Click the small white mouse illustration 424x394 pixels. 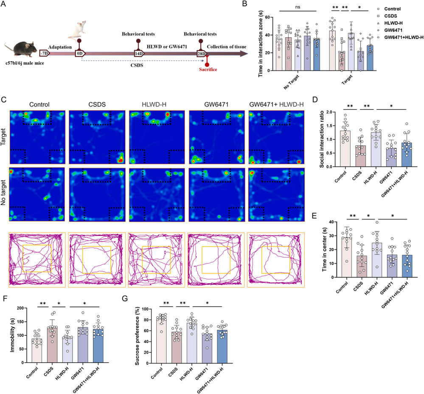[78, 29]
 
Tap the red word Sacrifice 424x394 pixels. [208, 70]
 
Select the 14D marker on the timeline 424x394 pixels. [139, 53]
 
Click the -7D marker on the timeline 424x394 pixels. [44, 53]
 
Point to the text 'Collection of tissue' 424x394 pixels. [227, 47]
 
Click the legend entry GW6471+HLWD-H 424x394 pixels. [404, 37]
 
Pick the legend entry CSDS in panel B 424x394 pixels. [390, 16]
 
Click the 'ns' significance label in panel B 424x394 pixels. [298, 7]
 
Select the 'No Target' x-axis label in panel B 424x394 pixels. [291, 82]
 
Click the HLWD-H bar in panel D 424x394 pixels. [376, 149]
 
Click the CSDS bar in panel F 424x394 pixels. [52, 345]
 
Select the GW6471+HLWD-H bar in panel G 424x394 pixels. [222, 347]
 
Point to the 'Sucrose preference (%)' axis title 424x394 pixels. [138, 336]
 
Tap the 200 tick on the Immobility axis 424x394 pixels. [20, 308]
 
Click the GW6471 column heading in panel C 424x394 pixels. [216, 104]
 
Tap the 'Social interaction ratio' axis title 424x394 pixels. [322, 139]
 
